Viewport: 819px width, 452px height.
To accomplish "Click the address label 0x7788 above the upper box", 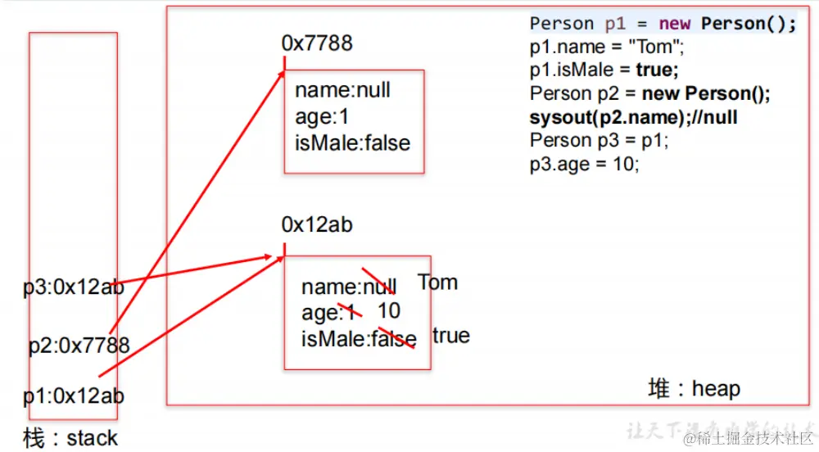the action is point(317,43).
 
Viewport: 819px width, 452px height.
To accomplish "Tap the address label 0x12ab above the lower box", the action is point(317,224).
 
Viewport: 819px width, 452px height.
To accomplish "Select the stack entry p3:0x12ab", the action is point(74,287).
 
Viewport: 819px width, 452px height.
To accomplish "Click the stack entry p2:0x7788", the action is point(79,346).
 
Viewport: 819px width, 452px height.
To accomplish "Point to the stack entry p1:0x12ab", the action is point(74,396).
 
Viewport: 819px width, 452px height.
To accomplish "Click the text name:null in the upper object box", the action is point(342,90).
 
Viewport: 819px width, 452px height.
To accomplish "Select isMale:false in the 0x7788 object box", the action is point(352,142).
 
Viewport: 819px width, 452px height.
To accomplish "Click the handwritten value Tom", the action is point(437,282).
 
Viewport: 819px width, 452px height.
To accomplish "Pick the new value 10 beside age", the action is point(389,310).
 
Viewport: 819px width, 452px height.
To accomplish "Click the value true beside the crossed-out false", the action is point(450,336).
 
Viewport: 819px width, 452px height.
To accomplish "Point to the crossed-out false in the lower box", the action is point(393,339).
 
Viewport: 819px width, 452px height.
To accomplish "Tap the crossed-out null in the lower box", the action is point(379,287).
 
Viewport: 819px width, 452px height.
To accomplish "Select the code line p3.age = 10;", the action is point(584,163).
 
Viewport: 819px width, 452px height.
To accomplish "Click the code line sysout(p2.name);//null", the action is point(633,116).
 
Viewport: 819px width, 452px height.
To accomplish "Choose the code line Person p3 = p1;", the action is point(599,140).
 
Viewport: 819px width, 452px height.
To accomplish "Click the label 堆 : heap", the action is point(694,388).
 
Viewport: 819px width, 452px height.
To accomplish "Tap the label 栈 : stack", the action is point(70,438).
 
